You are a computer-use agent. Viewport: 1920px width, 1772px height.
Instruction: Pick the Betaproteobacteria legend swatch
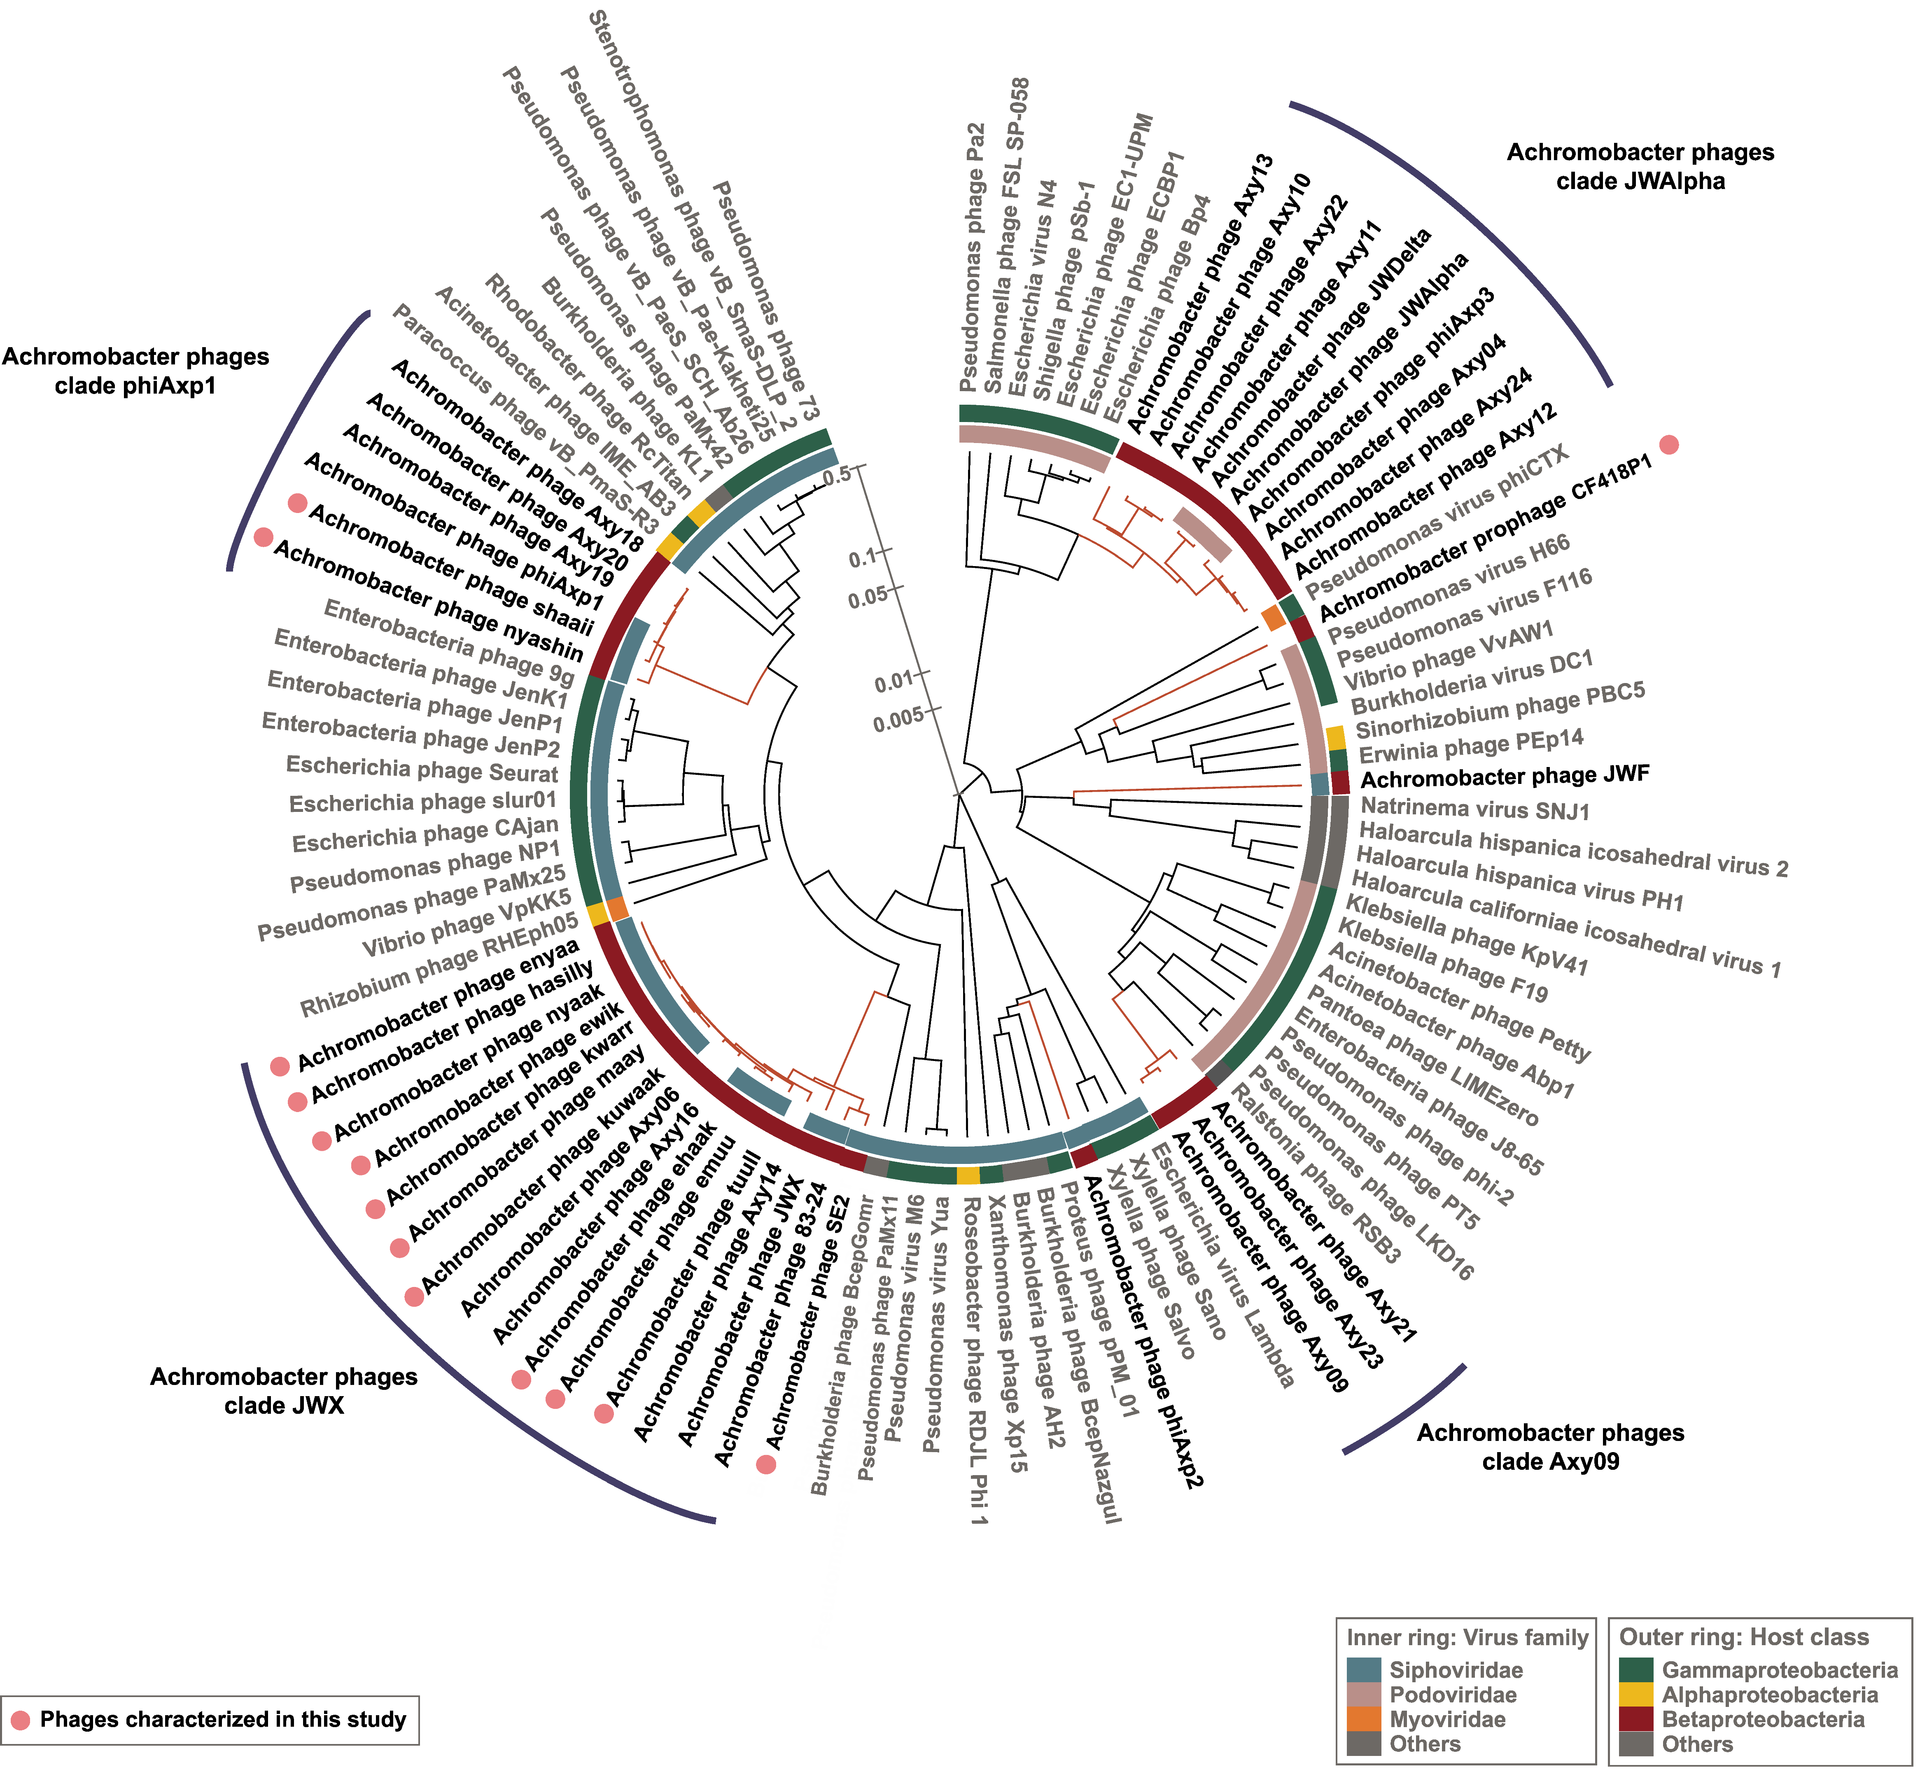point(1636,1719)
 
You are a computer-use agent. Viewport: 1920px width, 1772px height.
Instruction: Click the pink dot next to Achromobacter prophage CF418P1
point(1669,444)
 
